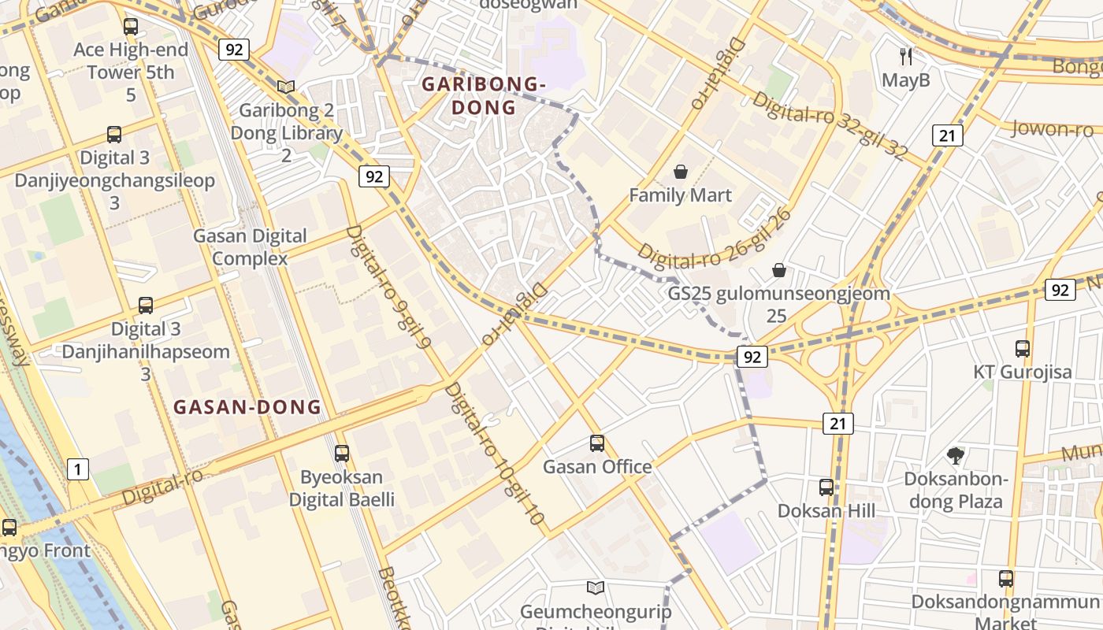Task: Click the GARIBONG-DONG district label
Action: click(484, 95)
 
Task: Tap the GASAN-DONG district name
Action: click(247, 407)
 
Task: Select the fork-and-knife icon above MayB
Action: click(906, 56)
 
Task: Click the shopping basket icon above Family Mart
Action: click(681, 171)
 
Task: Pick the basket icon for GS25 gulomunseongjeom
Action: click(779, 270)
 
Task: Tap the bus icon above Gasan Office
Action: click(597, 443)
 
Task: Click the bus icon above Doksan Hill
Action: click(826, 487)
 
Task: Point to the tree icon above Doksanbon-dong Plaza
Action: click(955, 454)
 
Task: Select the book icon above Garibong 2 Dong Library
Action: click(286, 87)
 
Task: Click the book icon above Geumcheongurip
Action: click(596, 587)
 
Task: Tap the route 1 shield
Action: click(77, 470)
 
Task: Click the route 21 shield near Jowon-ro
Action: click(947, 135)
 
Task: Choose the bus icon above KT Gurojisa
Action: click(1023, 348)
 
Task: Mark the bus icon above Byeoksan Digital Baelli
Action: click(341, 453)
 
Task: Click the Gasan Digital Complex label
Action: click(250, 246)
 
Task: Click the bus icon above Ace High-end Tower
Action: click(131, 26)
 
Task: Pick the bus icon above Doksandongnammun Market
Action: click(1006, 578)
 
